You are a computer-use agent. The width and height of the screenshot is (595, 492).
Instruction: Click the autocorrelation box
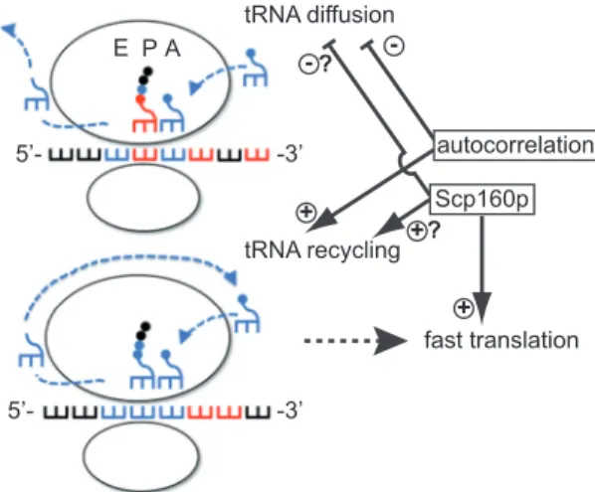point(514,145)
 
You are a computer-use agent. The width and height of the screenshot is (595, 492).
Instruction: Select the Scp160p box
point(483,200)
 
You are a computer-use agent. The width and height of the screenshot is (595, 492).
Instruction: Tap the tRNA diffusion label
point(319,14)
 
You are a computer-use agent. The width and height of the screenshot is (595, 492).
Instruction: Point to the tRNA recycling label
point(322,250)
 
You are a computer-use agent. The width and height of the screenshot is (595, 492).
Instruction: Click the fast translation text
point(501,340)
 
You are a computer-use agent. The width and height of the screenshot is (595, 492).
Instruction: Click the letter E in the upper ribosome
point(120,49)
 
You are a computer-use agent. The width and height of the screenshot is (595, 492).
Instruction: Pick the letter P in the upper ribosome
point(149,49)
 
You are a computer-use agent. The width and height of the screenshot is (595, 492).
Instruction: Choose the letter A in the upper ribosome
point(173,49)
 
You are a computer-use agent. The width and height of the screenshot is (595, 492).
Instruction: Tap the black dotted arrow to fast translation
point(355,341)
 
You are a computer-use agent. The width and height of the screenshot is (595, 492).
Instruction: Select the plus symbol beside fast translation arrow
point(464,308)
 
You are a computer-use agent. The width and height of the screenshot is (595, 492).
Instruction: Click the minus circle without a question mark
point(394,47)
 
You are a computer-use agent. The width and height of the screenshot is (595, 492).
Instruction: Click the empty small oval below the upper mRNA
point(143,197)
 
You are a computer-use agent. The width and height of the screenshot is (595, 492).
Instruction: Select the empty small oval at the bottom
point(140,456)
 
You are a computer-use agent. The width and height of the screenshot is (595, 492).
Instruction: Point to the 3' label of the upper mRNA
point(291,155)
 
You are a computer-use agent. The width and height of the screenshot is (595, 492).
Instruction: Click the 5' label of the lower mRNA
point(22,411)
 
